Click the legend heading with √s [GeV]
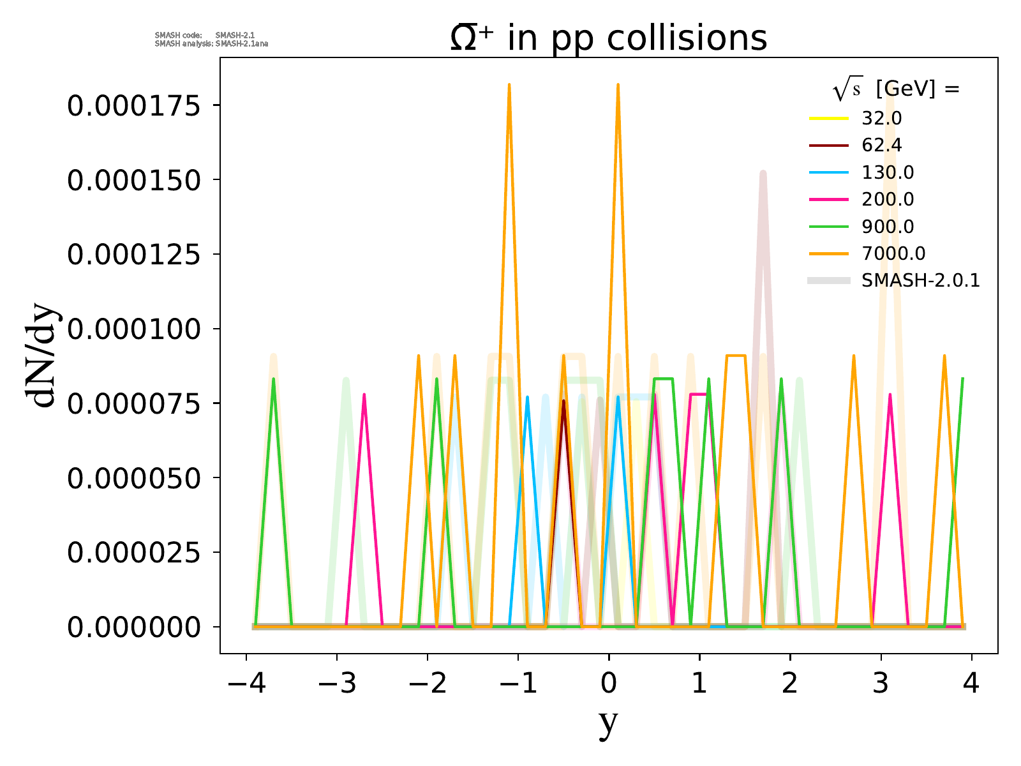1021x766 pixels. pyautogui.click(x=896, y=90)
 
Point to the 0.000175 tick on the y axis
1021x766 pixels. pyautogui.click(x=134, y=105)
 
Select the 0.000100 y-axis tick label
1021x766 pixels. pyautogui.click(x=134, y=329)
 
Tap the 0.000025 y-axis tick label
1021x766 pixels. pyautogui.click(x=134, y=553)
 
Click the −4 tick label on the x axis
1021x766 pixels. pyautogui.click(x=246, y=684)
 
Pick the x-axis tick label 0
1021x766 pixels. pyautogui.click(x=609, y=684)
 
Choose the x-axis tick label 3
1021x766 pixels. pyautogui.click(x=881, y=684)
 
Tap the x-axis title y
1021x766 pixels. pyautogui.click(x=608, y=722)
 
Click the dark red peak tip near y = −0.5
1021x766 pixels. pyautogui.click(x=563, y=401)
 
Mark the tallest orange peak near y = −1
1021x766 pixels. pyautogui.click(x=509, y=84)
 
